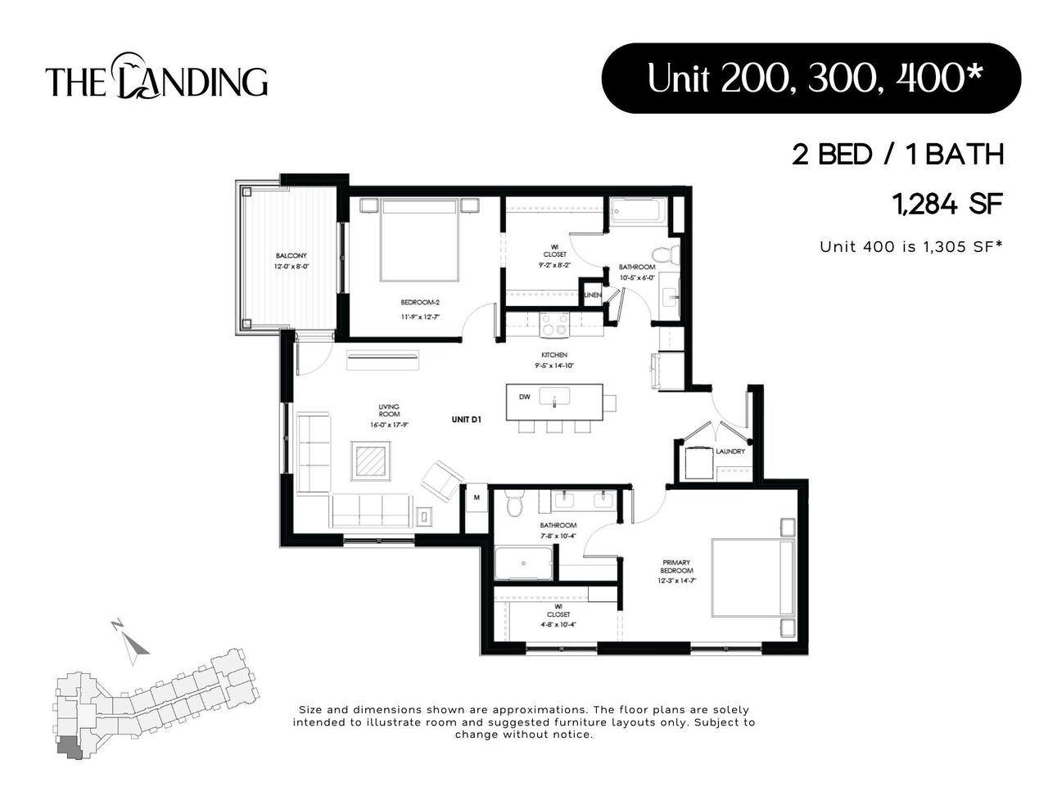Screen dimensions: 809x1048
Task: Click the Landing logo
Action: pos(156,79)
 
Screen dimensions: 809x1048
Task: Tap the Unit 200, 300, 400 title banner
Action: pos(811,79)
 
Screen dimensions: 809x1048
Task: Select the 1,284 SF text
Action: pos(949,204)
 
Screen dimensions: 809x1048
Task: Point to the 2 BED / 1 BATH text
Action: pos(897,154)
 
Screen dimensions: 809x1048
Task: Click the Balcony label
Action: pos(291,261)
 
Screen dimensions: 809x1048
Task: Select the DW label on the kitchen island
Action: pos(525,397)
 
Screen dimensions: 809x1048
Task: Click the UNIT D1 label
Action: pos(465,420)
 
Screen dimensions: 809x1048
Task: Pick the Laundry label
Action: pos(730,452)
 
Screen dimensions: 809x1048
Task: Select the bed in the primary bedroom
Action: pos(753,577)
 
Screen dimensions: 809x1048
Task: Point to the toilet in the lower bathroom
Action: pos(514,504)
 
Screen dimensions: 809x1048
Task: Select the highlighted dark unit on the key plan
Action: pos(68,748)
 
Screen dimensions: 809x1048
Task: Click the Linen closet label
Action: pos(592,294)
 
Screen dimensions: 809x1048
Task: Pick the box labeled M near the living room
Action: pos(476,497)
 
